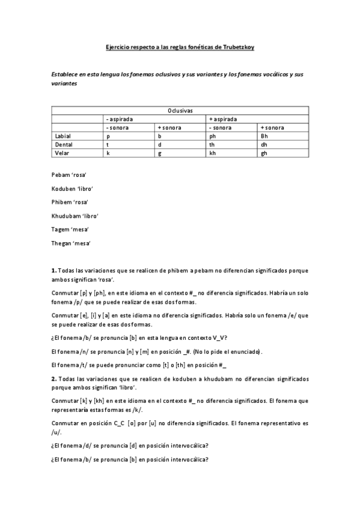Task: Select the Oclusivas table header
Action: [180, 111]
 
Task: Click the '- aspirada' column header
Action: [119, 119]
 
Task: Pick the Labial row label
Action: [63, 137]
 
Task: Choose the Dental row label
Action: [64, 145]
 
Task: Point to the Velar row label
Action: [63, 153]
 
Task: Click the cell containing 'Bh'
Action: [264, 137]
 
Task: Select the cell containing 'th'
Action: [212, 145]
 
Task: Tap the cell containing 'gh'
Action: [264, 153]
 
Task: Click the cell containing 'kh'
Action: [212, 153]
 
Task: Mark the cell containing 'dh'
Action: [264, 145]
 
